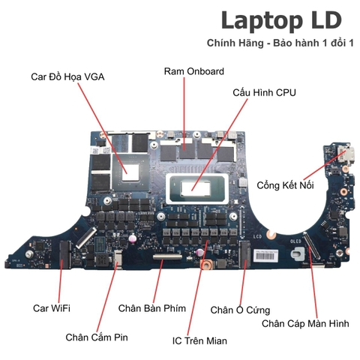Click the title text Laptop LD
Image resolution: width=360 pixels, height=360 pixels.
tap(281, 21)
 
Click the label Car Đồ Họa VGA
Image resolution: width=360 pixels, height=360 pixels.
tap(67, 76)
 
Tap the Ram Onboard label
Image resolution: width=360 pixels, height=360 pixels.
tap(194, 71)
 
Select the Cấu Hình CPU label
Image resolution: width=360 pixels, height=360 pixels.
tap(264, 92)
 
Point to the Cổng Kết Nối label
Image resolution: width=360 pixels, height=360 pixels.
tap(285, 185)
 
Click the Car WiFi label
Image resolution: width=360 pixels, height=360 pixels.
tap(52, 308)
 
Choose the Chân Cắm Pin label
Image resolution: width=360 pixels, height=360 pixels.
tap(97, 337)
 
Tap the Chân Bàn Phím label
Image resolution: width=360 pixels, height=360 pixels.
tap(152, 308)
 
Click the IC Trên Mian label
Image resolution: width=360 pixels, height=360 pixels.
tap(199, 340)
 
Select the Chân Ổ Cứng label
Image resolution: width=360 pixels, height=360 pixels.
tap(240, 310)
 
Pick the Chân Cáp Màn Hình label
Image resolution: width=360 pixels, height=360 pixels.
tap(305, 323)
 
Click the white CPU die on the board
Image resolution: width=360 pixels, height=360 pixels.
tap(196, 189)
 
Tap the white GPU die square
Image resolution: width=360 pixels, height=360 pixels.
tap(130, 172)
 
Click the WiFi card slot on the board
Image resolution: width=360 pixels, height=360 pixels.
tap(65, 254)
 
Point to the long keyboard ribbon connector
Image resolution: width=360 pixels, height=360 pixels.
tap(168, 256)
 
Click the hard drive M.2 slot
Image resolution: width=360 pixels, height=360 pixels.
tap(245, 253)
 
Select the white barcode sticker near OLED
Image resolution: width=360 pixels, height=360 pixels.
tap(266, 256)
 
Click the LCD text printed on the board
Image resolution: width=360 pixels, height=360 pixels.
tap(257, 236)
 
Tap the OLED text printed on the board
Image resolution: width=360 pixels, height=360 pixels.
tap(295, 241)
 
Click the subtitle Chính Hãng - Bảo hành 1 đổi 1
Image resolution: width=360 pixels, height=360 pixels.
tap(280, 43)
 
